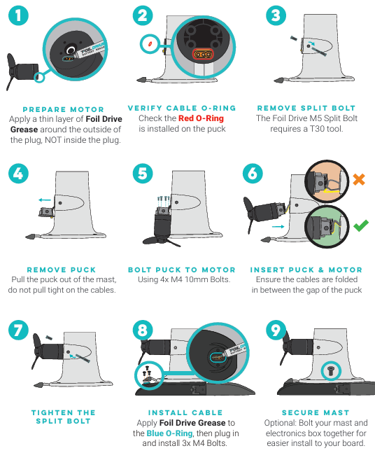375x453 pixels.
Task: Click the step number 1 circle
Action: [x=18, y=15]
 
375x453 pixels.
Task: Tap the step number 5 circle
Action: [x=143, y=174]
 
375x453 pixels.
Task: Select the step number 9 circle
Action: [x=276, y=330]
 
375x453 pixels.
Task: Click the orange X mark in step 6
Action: [x=359, y=179]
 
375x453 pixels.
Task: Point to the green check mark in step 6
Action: [x=361, y=225]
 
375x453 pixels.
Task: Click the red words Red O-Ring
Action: [x=201, y=118]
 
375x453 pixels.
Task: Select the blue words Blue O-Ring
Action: [x=169, y=433]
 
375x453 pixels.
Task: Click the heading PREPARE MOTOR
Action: [x=63, y=110]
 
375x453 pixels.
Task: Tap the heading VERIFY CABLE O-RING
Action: [x=182, y=109]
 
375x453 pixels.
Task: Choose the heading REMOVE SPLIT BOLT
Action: [x=306, y=109]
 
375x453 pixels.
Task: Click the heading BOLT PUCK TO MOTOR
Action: [x=182, y=270]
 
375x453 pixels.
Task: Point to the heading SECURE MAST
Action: [x=316, y=412]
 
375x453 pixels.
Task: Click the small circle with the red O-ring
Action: [x=150, y=44]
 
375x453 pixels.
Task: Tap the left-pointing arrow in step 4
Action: [x=45, y=200]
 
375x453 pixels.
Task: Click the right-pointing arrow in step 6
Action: [x=278, y=227]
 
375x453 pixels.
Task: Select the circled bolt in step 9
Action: [x=331, y=370]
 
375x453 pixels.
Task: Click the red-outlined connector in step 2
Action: [x=203, y=54]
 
